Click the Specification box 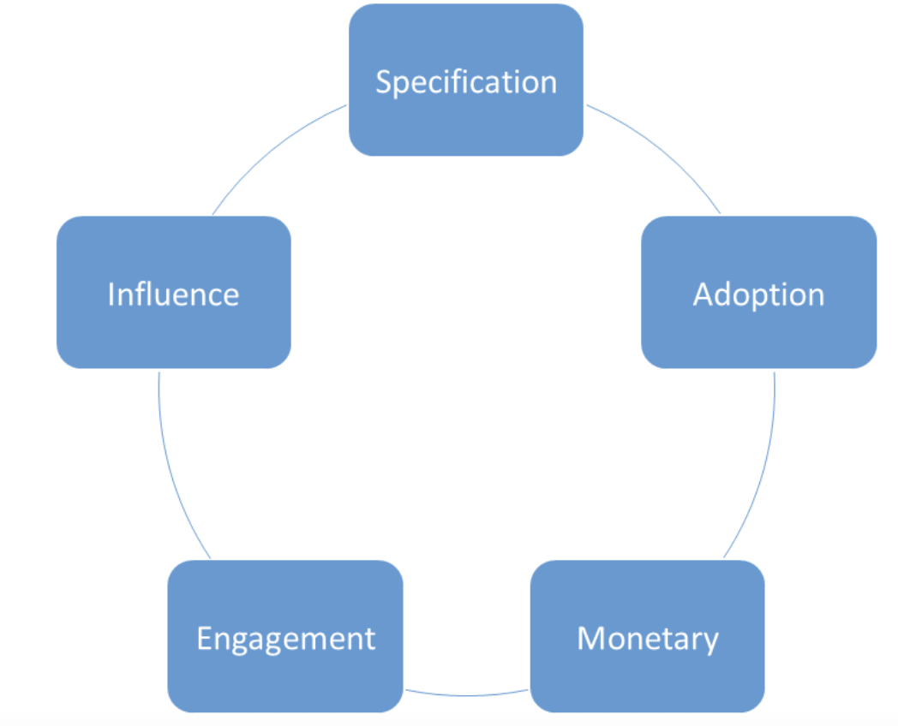click(x=465, y=80)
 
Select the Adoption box click(x=759, y=292)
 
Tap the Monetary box click(x=647, y=636)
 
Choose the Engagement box click(x=285, y=636)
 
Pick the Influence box click(x=174, y=292)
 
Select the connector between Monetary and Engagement click(x=466, y=695)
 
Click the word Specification click(x=466, y=82)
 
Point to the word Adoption click(x=759, y=295)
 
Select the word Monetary click(x=648, y=639)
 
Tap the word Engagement click(x=286, y=639)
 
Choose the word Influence click(x=174, y=294)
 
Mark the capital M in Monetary click(x=590, y=639)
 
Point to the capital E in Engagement click(x=205, y=639)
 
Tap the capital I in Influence click(x=111, y=295)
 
